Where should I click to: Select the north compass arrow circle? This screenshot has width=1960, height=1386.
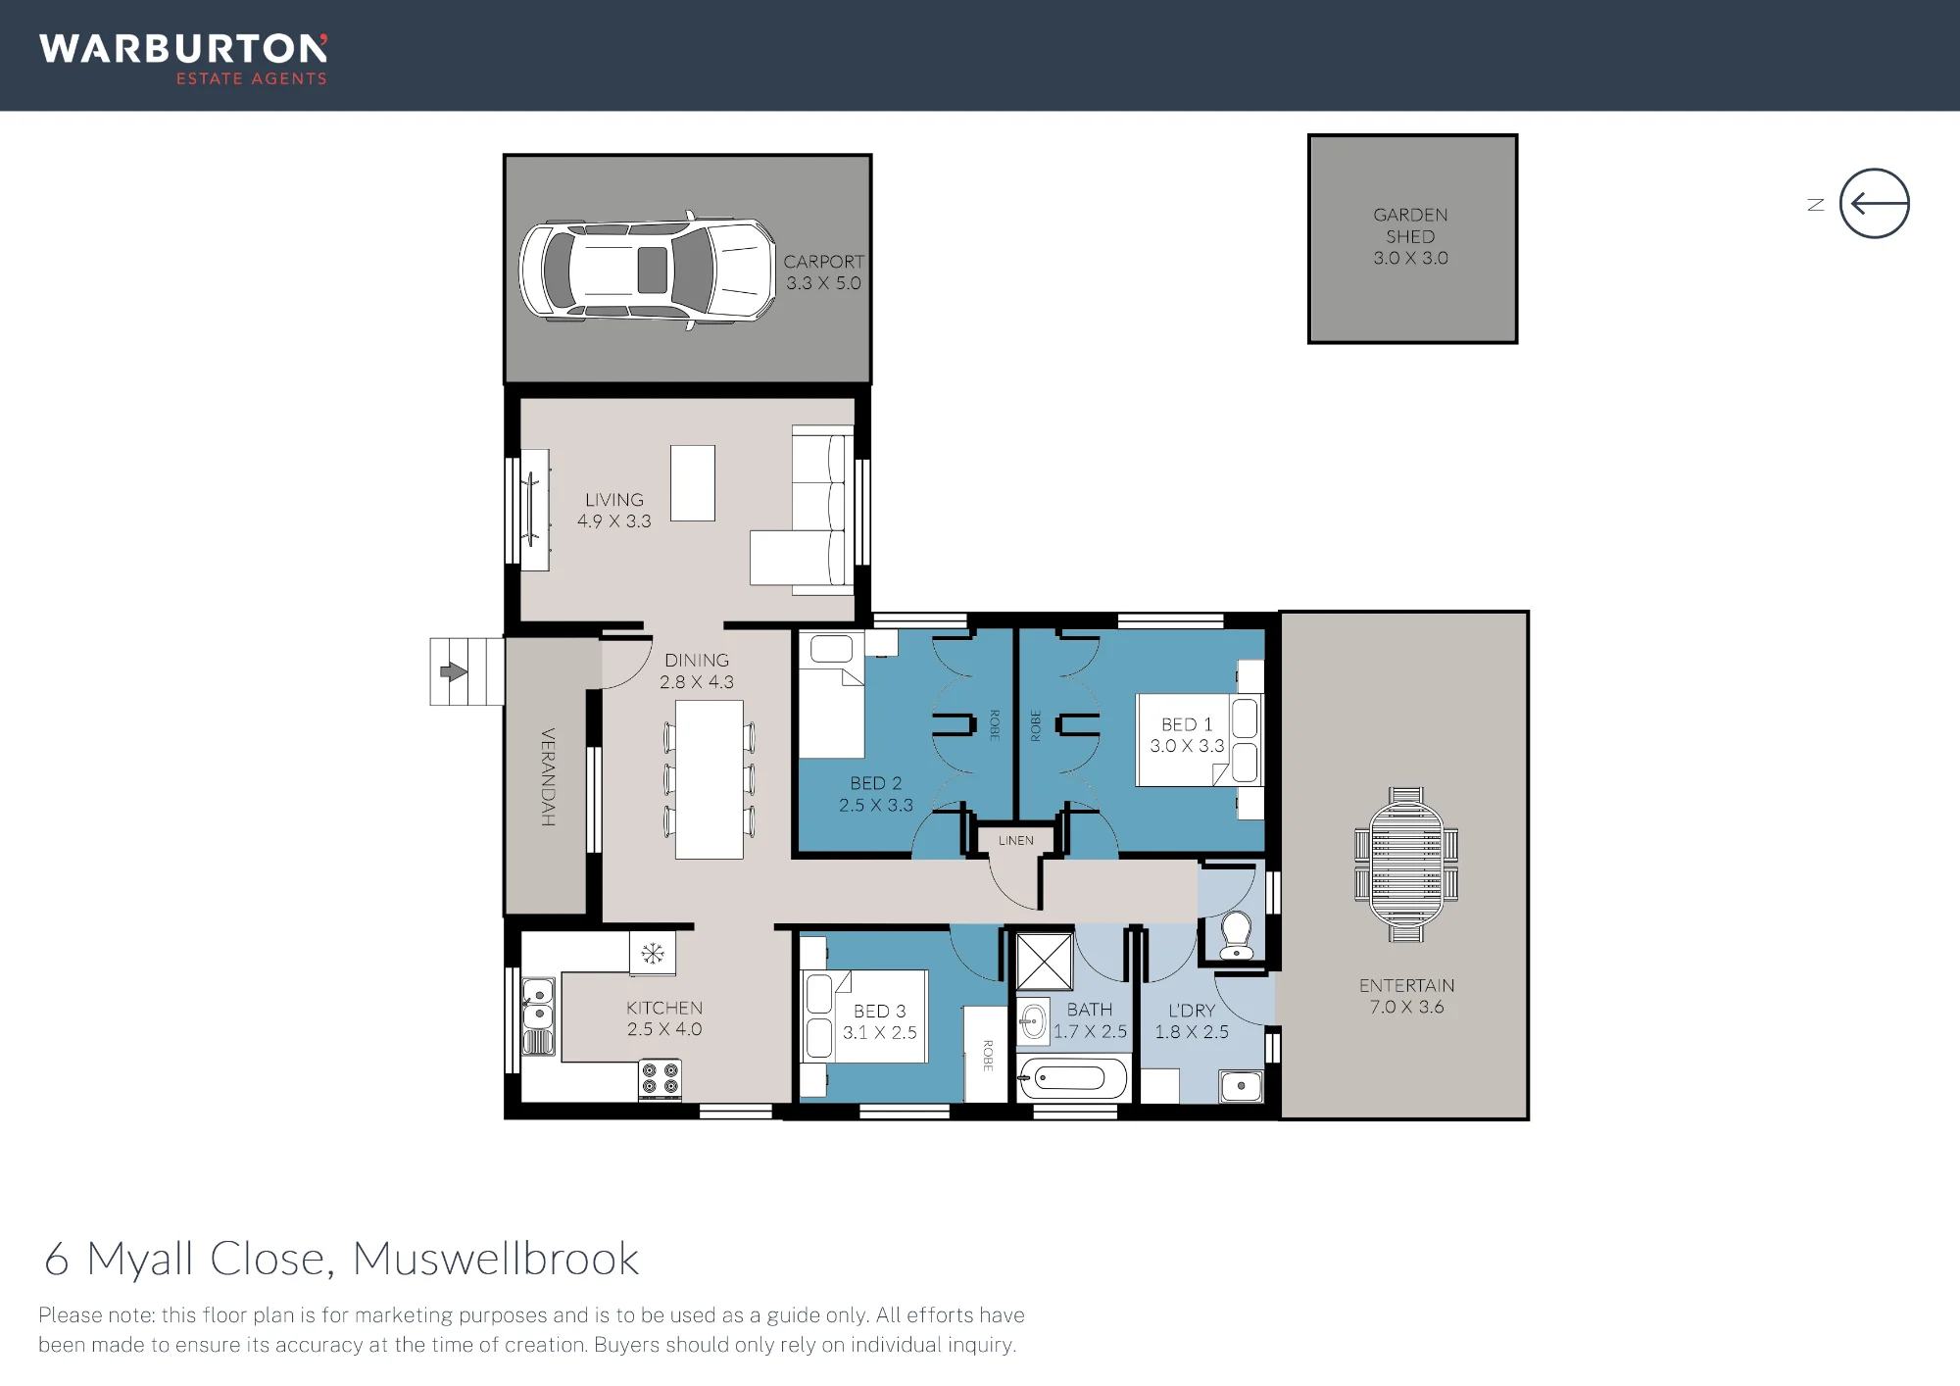click(x=1874, y=204)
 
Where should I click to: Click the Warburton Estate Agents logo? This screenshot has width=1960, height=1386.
click(x=183, y=60)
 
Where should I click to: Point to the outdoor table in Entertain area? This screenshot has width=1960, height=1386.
click(x=1406, y=865)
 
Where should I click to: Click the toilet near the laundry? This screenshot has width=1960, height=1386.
click(x=1237, y=936)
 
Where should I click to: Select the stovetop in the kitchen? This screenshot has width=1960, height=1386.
click(x=660, y=1079)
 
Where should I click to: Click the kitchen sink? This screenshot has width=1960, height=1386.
click(x=538, y=1015)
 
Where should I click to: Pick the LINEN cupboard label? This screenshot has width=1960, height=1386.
click(x=1016, y=840)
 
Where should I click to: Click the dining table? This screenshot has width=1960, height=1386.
click(x=710, y=780)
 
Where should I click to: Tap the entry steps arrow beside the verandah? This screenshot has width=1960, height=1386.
click(x=454, y=671)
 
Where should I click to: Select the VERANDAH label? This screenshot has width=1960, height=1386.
click(x=548, y=776)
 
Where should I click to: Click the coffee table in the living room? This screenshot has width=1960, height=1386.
click(x=693, y=483)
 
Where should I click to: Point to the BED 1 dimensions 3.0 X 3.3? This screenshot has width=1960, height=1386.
click(x=1187, y=746)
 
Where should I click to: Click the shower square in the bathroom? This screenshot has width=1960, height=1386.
click(x=1045, y=962)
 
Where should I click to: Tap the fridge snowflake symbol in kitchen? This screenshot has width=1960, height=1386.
click(x=653, y=953)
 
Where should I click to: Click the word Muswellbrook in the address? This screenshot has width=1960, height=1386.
click(x=496, y=1259)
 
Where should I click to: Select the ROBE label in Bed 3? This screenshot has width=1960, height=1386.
click(x=988, y=1055)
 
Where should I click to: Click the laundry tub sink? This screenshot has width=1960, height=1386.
click(x=1241, y=1086)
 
